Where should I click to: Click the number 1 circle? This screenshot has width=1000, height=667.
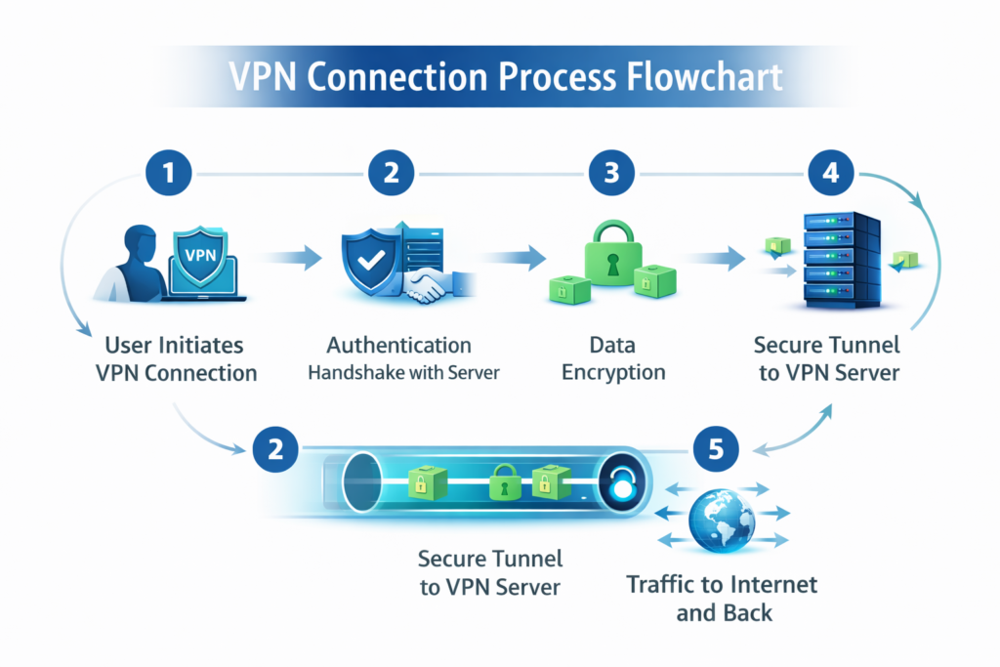coord(170,174)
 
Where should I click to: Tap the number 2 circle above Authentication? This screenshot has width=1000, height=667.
coord(391,174)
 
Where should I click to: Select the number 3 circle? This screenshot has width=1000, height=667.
coord(611,174)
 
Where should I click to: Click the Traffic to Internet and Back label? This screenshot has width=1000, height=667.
coord(721,599)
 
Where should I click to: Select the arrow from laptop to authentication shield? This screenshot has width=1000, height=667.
coord(294,259)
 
